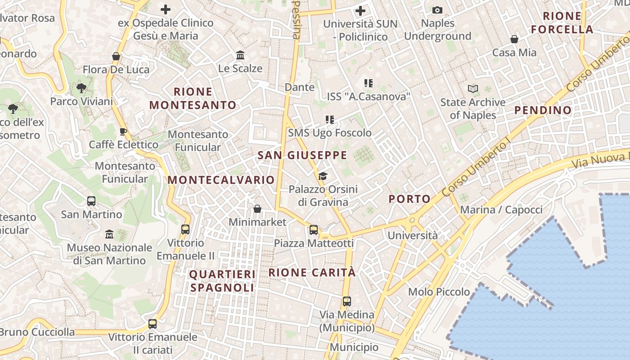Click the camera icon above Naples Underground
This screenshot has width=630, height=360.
pyautogui.click(x=437, y=10)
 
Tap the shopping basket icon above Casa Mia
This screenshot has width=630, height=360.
pyautogui.click(x=514, y=40)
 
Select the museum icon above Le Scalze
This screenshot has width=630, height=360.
pyautogui.click(x=240, y=55)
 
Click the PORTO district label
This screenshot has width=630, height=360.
pyautogui.click(x=409, y=199)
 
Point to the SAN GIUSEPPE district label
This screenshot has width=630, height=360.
pyautogui.click(x=302, y=156)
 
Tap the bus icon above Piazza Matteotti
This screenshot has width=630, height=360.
pyautogui.click(x=314, y=230)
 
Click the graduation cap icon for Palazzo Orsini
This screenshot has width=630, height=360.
pyautogui.click(x=323, y=176)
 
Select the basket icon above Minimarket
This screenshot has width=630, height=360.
pyautogui.click(x=257, y=209)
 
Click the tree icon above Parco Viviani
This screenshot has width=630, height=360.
pyautogui.click(x=81, y=88)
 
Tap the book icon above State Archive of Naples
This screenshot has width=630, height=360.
pyautogui.click(x=472, y=89)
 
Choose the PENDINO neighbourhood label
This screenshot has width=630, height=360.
pyautogui.click(x=543, y=110)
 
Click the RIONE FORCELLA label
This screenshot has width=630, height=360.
pyautogui.click(x=562, y=23)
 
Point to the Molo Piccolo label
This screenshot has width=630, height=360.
pyautogui.click(x=439, y=292)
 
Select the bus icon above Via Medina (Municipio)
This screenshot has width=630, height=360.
pyautogui.click(x=346, y=301)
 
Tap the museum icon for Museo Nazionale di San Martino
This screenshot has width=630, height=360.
pyautogui.click(x=109, y=234)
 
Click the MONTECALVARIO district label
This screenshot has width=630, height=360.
pyautogui.click(x=221, y=180)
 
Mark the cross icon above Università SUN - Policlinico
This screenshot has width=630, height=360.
pyautogui.click(x=360, y=11)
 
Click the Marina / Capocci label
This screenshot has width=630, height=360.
pyautogui.click(x=501, y=210)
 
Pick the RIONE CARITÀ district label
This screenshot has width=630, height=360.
pyautogui.click(x=312, y=273)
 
